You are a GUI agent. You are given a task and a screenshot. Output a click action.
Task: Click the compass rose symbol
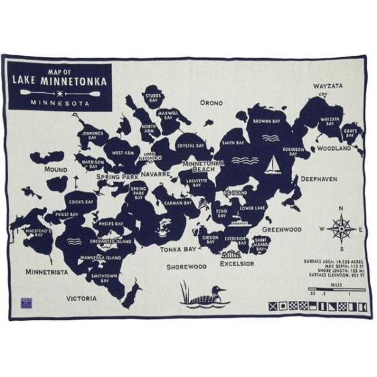pos(343,228)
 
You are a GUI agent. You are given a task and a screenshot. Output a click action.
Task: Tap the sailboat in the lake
pos(273,165)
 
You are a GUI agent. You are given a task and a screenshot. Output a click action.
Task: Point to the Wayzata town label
pos(329,87)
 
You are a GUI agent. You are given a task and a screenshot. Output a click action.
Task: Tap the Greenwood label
pos(281,229)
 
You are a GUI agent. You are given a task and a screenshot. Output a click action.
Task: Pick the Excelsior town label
pos(236,263)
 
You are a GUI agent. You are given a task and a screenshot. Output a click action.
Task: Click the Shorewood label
pos(186,267)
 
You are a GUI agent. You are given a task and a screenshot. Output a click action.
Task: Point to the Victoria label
pos(81,297)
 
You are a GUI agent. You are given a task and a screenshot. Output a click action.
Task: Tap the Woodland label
pos(334,147)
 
